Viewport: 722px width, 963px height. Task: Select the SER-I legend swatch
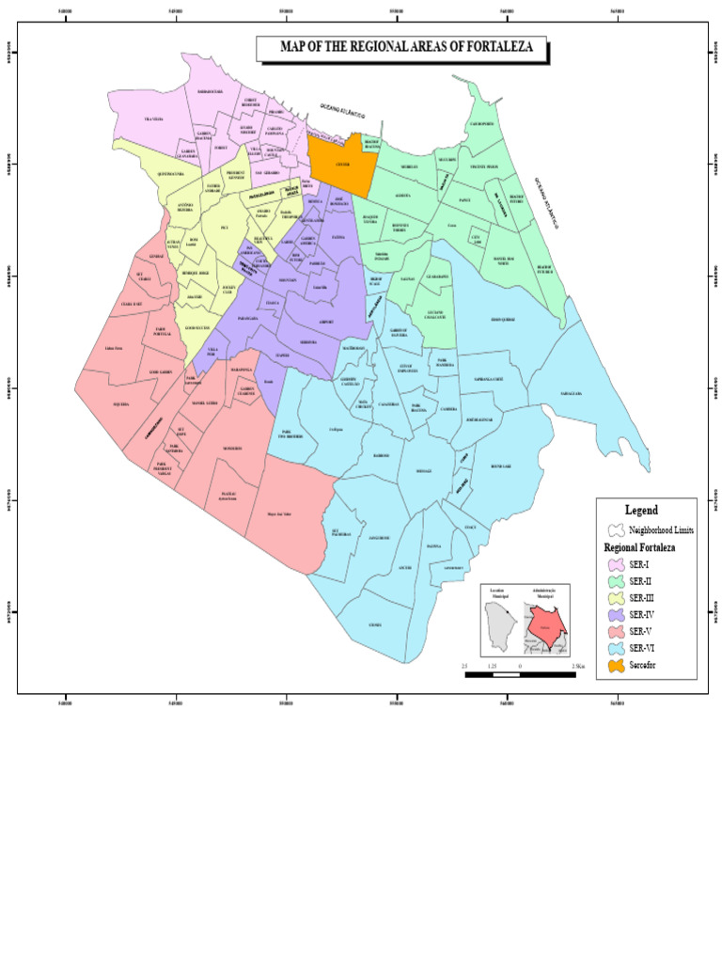click(x=616, y=564)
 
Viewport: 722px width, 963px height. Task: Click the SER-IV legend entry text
click(x=641, y=614)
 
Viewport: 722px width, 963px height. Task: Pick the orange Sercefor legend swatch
click(x=616, y=666)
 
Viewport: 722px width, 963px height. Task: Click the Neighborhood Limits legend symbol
click(x=616, y=530)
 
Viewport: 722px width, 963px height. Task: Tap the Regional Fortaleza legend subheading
click(x=639, y=546)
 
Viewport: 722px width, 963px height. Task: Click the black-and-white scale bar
click(x=520, y=673)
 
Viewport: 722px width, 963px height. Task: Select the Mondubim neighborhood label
click(x=232, y=449)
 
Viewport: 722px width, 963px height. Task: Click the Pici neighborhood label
click(x=224, y=228)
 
